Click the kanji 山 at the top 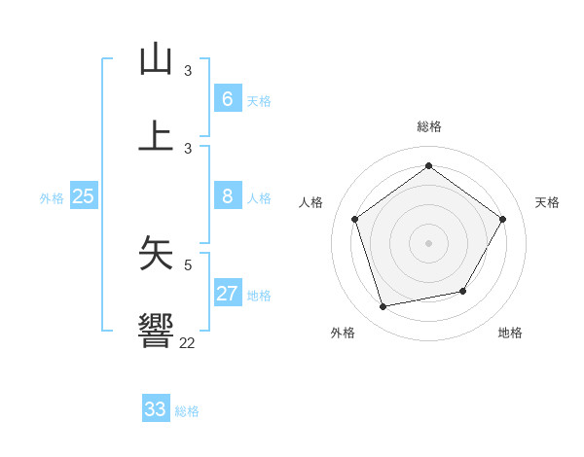[x=156, y=59]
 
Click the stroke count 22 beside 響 [x=187, y=342]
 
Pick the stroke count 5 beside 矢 [x=188, y=264]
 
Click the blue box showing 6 [x=227, y=99]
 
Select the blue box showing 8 [x=227, y=196]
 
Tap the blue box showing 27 [x=227, y=294]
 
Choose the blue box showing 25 [x=84, y=196]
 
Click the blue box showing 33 [x=156, y=409]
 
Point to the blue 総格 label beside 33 [x=187, y=411]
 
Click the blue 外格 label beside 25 [x=52, y=198]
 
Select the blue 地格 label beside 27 [x=259, y=296]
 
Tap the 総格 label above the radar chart [x=428, y=126]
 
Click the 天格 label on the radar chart [x=547, y=202]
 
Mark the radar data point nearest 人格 [x=355, y=219]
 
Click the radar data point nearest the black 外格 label [x=383, y=306]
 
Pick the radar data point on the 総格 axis [x=428, y=166]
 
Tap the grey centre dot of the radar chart [x=428, y=242]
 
